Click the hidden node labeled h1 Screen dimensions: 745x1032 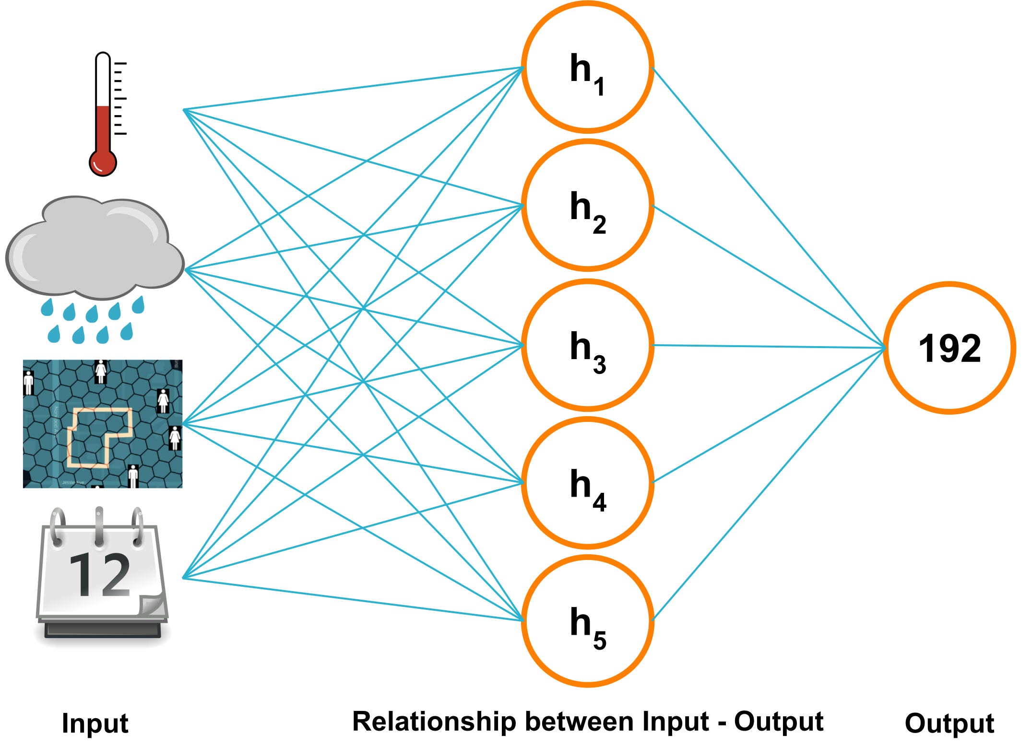coord(587,67)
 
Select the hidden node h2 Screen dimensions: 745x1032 coord(587,206)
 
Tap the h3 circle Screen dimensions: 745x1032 coord(587,345)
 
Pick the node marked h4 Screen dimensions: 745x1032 coord(587,483)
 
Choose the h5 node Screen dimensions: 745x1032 coord(587,621)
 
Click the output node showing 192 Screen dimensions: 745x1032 coord(949,348)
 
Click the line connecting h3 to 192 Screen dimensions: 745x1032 coord(768,347)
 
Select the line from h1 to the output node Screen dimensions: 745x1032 coord(768,206)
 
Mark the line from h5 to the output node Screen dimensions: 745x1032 coord(768,484)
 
